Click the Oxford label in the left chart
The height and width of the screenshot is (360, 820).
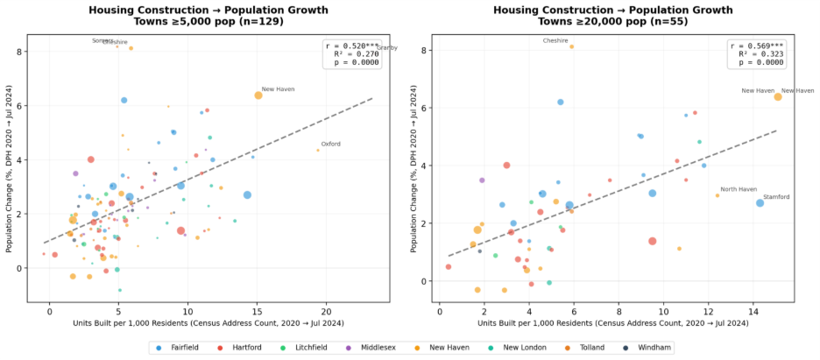point(330,144)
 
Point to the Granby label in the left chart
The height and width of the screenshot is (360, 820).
point(386,48)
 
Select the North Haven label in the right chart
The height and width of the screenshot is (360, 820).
point(738,189)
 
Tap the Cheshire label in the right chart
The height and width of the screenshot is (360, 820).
point(555,40)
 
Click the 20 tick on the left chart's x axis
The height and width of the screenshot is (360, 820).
point(327,309)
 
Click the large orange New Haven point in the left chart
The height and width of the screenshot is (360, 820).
point(258,95)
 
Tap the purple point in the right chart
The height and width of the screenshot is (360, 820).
point(482,180)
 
